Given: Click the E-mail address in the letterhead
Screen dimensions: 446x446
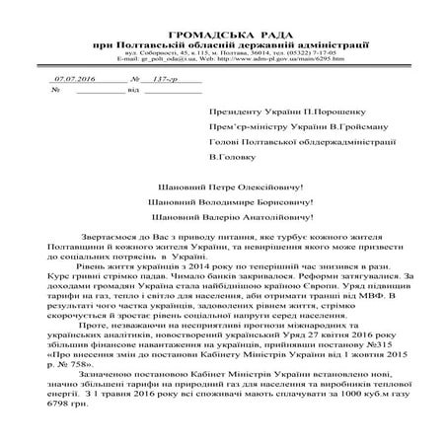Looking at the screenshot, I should (x=163, y=59).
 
